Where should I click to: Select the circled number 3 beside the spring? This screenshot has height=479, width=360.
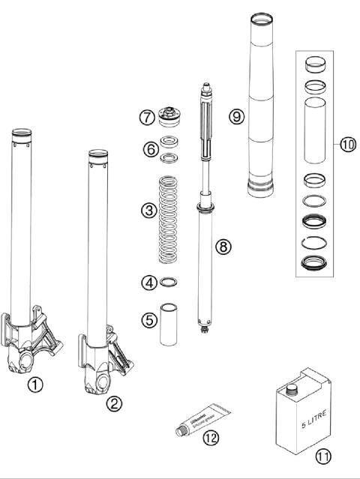pyautogui.click(x=148, y=212)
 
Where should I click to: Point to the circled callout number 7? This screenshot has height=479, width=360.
pyautogui.click(x=147, y=118)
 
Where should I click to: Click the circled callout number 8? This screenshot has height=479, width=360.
pyautogui.click(x=220, y=247)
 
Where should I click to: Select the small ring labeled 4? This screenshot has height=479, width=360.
pyautogui.click(x=170, y=282)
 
